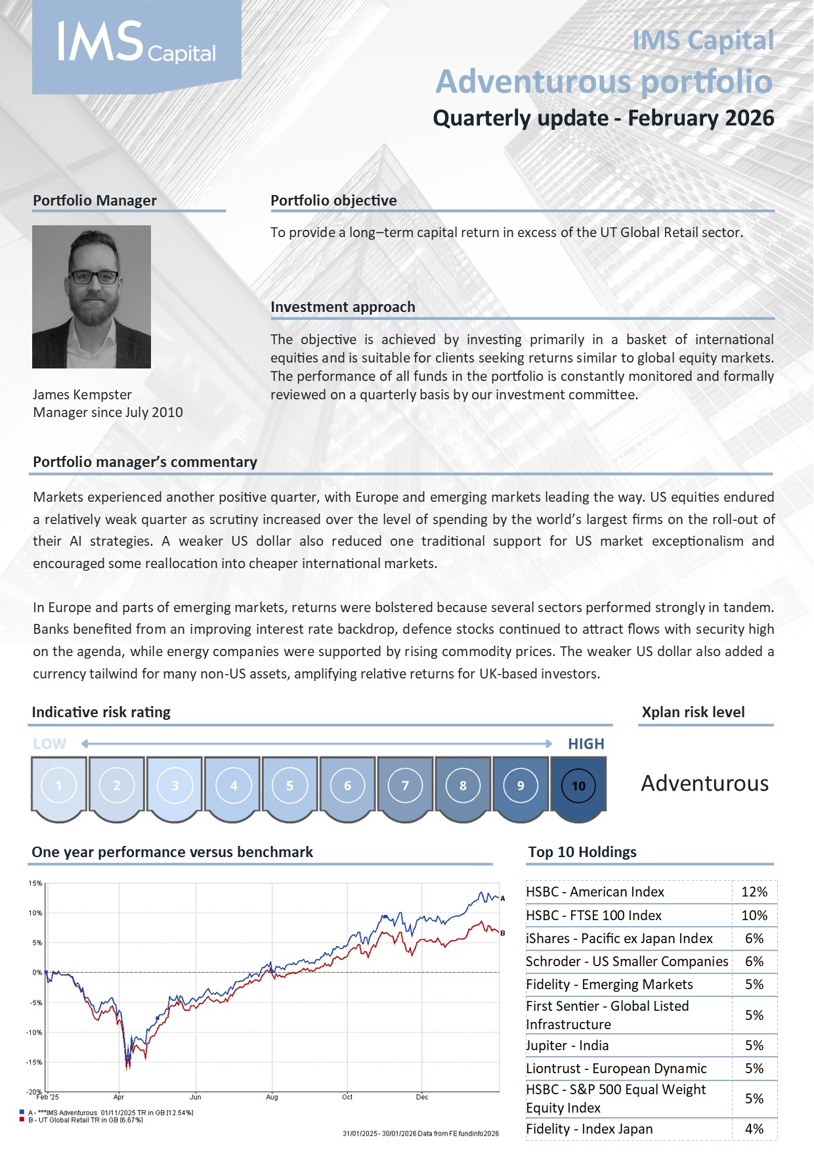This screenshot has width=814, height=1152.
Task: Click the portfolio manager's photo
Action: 91,296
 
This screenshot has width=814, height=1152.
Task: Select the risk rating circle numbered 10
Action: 578,786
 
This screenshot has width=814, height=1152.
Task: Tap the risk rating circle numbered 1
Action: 58,786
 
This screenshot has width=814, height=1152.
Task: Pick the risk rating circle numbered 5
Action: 289,786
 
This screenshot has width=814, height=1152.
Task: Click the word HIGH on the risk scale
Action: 586,744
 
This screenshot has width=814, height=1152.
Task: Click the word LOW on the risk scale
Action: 50,744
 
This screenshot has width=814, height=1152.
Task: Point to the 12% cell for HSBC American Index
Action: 754,892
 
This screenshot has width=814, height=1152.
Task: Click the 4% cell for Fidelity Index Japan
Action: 754,1129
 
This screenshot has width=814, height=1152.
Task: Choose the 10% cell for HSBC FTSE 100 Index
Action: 754,916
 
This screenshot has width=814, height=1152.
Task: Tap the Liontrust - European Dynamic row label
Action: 616,1069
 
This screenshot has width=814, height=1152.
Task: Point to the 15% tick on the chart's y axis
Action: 35,883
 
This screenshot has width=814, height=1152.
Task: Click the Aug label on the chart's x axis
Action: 272,1097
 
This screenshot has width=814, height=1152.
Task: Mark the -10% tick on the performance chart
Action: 33,1032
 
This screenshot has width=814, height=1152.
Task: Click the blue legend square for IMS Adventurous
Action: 22,1113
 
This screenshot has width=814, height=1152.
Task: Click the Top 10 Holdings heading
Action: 582,852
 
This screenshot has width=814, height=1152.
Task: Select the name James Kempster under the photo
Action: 82,395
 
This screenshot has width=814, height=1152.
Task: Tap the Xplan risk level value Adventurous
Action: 704,784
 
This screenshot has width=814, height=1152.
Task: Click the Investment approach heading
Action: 343,307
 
